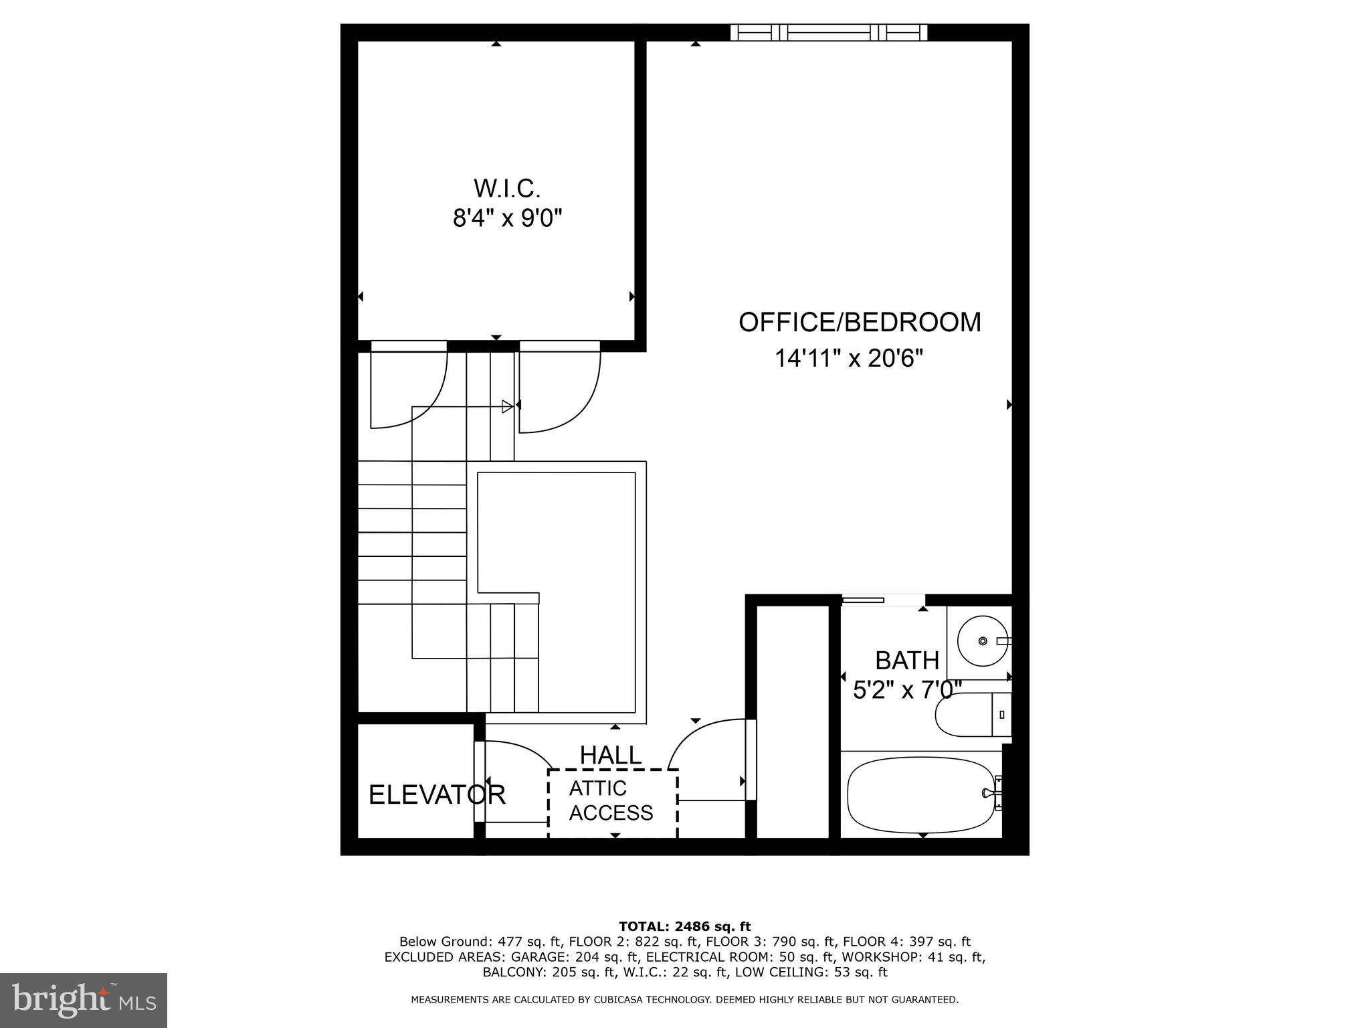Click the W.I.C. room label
[506, 189]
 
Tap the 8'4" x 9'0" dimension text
[507, 218]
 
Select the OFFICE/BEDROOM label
[859, 322]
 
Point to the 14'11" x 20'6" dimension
[848, 358]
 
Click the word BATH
[906, 661]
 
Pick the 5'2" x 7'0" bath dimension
[906, 689]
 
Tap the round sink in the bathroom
[982, 640]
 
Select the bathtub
[923, 795]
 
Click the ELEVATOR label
[436, 795]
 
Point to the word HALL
[610, 755]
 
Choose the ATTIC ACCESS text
[610, 800]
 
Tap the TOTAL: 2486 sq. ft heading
[684, 927]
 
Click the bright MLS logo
[84, 1000]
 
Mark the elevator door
[479, 782]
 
